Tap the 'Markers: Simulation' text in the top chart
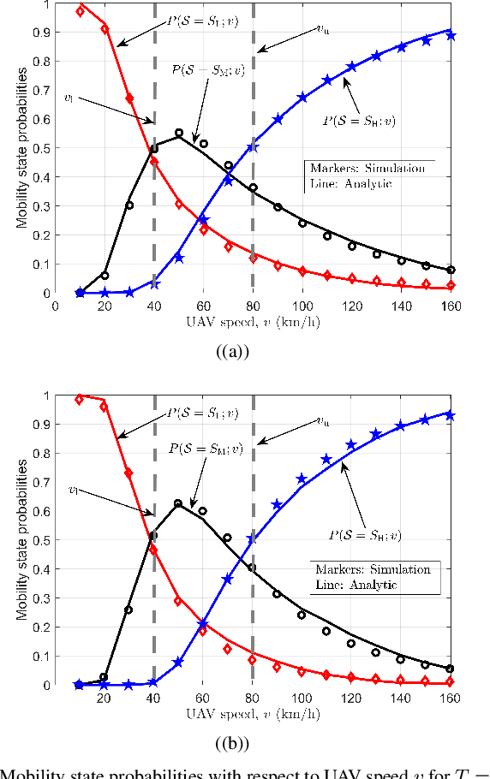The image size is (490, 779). [367, 169]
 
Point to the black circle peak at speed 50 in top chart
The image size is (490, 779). [179, 134]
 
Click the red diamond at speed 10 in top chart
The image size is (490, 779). [80, 11]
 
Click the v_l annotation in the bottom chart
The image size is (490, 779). [75, 490]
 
